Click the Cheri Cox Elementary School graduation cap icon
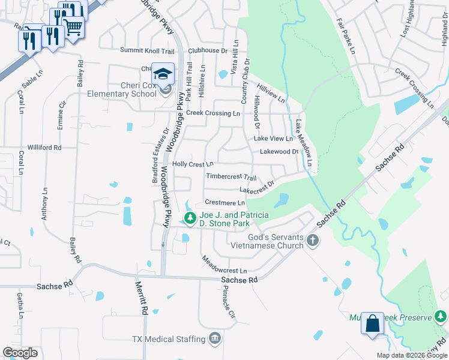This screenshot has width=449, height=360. point(163,73)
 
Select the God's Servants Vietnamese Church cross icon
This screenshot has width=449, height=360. point(312,241)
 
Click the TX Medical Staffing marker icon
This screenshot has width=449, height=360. point(215,339)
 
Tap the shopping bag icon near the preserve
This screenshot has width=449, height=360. point(372,323)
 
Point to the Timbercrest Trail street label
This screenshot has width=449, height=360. point(231,178)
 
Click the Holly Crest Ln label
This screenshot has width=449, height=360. point(193,164)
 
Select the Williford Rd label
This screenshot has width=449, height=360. point(45,147)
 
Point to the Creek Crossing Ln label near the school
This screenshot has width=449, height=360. point(212,113)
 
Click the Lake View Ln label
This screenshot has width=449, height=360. point(273,139)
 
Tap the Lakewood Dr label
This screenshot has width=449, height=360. point(279,152)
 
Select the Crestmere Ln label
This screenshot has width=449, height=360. point(224,203)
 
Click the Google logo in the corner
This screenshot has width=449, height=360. point(20,353)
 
